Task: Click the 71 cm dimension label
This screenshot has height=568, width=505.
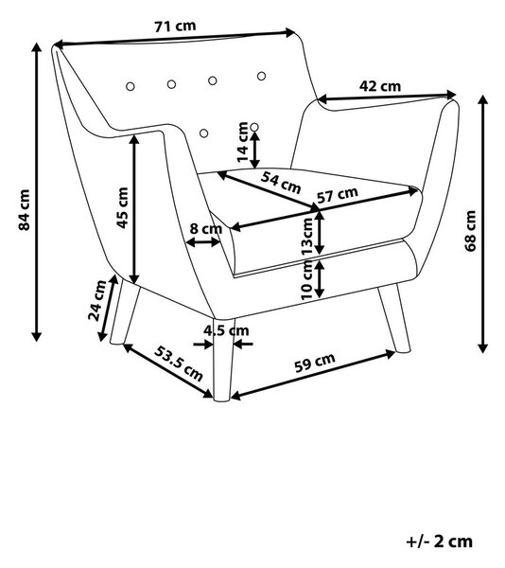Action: tap(176, 27)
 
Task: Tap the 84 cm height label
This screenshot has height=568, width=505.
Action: tap(25, 210)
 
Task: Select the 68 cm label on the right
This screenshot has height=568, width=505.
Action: tap(470, 231)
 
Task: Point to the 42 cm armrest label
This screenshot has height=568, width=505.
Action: tap(380, 86)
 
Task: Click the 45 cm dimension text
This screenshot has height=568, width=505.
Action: tap(122, 208)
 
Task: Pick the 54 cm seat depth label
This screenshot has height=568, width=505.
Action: tap(281, 183)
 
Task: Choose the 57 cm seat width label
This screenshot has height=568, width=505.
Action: tap(338, 195)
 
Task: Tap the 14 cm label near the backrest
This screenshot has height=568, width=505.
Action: tap(243, 142)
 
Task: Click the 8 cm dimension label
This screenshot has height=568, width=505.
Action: tap(205, 229)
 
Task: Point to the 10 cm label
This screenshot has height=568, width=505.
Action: tap(306, 280)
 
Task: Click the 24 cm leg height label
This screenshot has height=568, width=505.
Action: tap(97, 301)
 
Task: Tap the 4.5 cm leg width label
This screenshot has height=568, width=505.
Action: tap(226, 330)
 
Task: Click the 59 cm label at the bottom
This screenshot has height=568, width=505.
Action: tap(315, 363)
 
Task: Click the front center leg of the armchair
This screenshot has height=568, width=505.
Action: tap(223, 360)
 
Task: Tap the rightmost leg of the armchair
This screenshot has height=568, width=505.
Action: tap(395, 318)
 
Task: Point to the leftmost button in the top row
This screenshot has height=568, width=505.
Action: tap(131, 86)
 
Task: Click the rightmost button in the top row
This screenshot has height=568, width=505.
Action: tap(262, 76)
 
